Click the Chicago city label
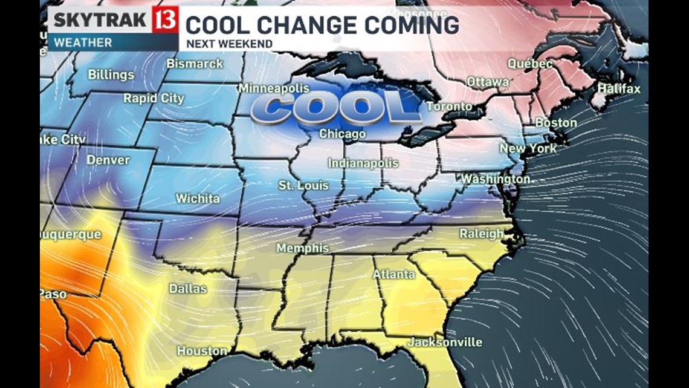click(342, 134)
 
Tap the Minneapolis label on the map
click(273, 88)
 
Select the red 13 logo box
click(164, 20)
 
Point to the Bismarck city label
click(195, 64)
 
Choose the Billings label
click(111, 75)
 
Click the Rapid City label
click(154, 98)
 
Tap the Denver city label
click(108, 160)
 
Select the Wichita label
click(198, 199)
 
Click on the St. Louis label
click(303, 185)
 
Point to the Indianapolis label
click(363, 163)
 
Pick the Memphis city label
click(302, 248)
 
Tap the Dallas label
click(187, 289)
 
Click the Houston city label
click(202, 351)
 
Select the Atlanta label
click(393, 274)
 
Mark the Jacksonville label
click(445, 343)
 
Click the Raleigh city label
click(481, 234)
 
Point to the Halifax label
click(618, 89)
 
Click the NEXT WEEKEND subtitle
click(229, 44)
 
